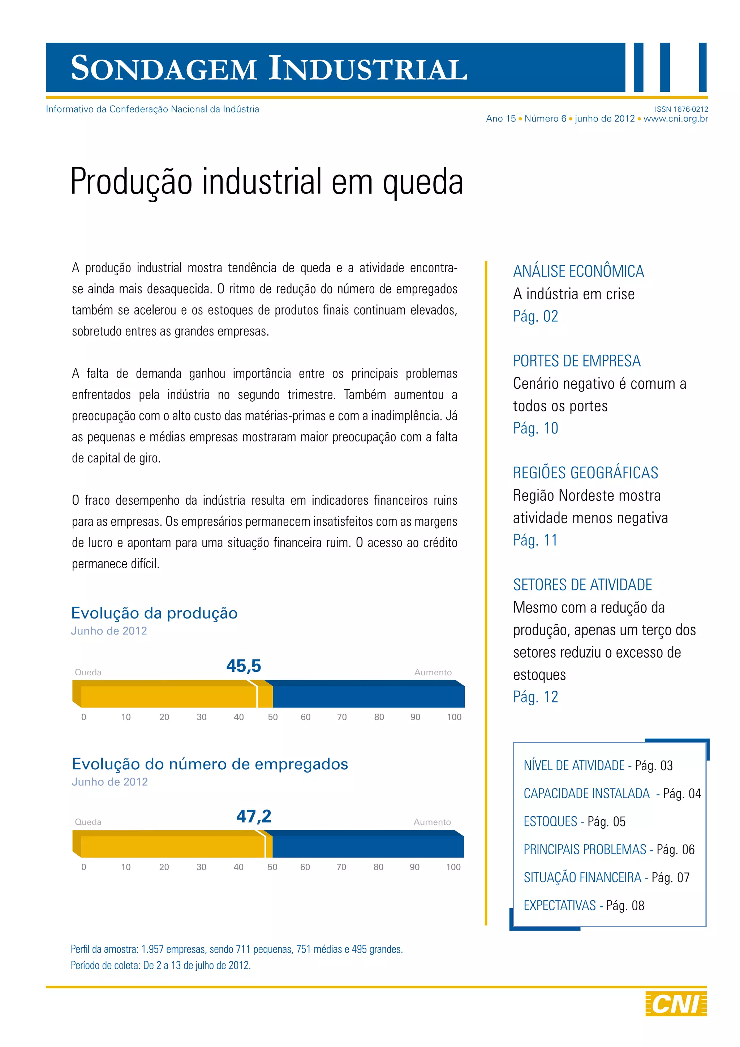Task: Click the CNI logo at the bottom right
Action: click(676, 1004)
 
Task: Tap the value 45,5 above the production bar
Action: click(244, 666)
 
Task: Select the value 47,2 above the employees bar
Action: click(254, 816)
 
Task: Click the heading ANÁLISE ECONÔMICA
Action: click(578, 271)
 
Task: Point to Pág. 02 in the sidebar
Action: click(535, 316)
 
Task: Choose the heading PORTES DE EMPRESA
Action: click(576, 361)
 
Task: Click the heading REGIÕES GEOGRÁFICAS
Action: click(585, 473)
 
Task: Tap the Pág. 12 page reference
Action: click(535, 697)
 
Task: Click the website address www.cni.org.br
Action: click(676, 119)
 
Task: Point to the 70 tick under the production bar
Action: click(342, 717)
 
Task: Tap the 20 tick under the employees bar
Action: click(164, 867)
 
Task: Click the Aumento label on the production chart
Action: click(433, 672)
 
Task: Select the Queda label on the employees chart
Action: click(88, 822)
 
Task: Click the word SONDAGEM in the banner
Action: click(164, 68)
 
